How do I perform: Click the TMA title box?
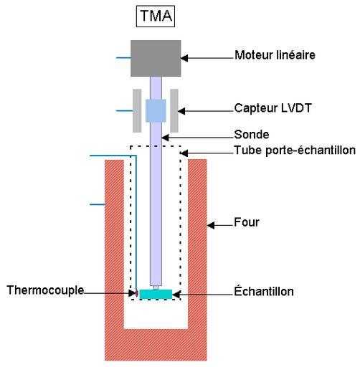156,16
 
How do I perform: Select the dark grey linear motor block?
156,58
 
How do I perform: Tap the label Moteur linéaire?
275,55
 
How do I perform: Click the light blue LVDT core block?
156,110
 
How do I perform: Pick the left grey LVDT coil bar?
137,110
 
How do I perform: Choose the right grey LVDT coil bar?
174,110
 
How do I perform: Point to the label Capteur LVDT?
273,108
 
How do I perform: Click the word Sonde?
252,134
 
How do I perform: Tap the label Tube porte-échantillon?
295,151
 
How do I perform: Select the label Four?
247,222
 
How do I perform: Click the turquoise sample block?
156,294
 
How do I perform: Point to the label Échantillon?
264,291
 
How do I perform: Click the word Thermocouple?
45,290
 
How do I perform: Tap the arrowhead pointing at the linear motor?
184,58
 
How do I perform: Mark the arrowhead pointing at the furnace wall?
210,225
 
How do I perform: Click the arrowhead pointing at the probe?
165,138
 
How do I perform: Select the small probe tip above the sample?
156,287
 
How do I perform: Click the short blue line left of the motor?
123,58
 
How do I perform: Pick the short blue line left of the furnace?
98,204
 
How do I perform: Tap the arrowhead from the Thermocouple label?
133,293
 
